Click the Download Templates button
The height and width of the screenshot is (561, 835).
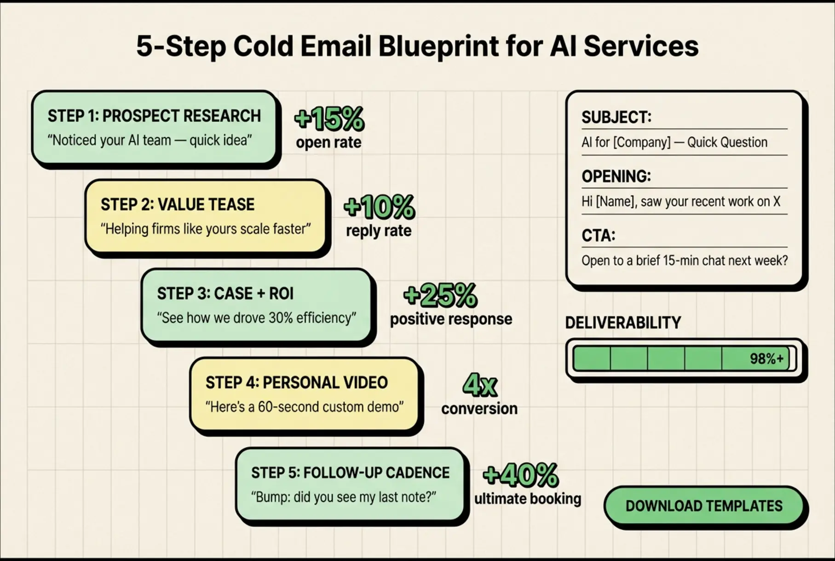(x=703, y=506)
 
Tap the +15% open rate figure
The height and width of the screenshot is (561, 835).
(x=329, y=119)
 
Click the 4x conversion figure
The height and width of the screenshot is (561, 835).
(x=479, y=385)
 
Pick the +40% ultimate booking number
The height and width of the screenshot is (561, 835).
(x=520, y=475)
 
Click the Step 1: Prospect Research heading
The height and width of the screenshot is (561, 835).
(x=154, y=116)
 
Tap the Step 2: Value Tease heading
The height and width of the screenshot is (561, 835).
(x=178, y=205)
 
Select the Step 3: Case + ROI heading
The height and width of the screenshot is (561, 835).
(x=225, y=293)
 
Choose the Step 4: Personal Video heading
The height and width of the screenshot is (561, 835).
(x=297, y=382)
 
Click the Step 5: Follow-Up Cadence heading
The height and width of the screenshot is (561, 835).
(x=350, y=473)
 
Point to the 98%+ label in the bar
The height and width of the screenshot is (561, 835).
(x=766, y=359)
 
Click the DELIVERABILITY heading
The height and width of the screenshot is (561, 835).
(x=623, y=323)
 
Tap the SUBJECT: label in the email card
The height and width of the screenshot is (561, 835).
(x=616, y=117)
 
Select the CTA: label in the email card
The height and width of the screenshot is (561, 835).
(x=598, y=235)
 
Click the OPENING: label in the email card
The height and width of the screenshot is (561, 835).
(x=616, y=176)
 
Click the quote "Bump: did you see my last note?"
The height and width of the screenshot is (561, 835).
(x=343, y=497)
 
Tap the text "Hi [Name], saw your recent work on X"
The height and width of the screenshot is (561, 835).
(x=681, y=202)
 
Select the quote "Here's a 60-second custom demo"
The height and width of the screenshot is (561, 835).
(x=304, y=407)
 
